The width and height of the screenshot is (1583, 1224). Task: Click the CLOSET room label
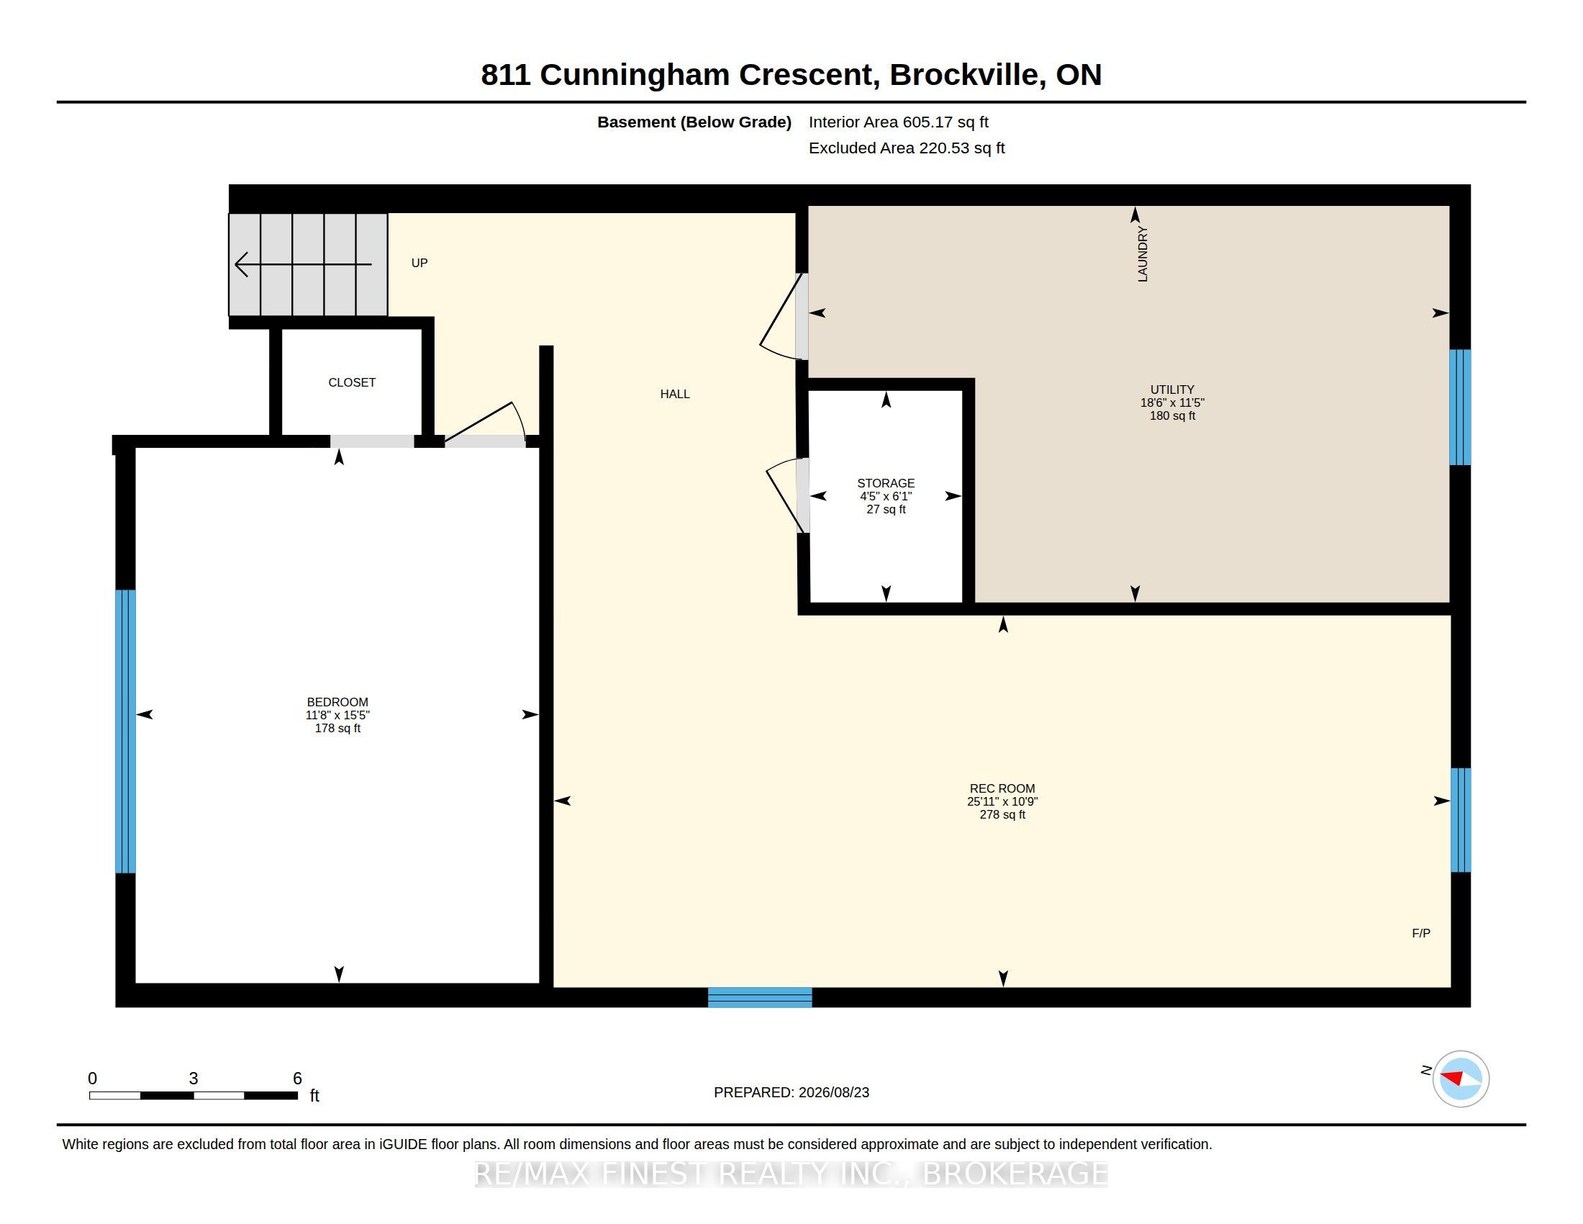click(352, 382)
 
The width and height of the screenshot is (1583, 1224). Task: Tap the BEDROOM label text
click(337, 702)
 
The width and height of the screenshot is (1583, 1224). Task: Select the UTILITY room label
click(1172, 390)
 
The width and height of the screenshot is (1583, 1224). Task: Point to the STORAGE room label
click(886, 483)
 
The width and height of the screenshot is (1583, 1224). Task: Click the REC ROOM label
click(1002, 788)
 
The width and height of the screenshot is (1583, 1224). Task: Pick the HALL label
click(675, 394)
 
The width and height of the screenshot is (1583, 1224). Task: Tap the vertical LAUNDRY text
click(1143, 253)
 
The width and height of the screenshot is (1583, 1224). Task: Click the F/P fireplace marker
click(1420, 933)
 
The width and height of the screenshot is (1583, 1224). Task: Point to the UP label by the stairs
click(419, 263)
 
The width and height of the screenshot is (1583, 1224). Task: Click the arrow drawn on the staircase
click(304, 264)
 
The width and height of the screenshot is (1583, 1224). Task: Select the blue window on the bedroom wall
click(125, 731)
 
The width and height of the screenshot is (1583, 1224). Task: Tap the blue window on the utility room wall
click(1460, 407)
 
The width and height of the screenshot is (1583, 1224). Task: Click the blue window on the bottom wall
click(760, 997)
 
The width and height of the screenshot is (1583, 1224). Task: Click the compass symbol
click(1461, 1079)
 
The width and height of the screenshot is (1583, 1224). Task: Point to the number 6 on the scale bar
click(297, 1079)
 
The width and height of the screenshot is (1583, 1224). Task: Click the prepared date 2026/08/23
click(833, 1092)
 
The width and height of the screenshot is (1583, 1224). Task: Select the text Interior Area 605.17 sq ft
click(898, 122)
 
